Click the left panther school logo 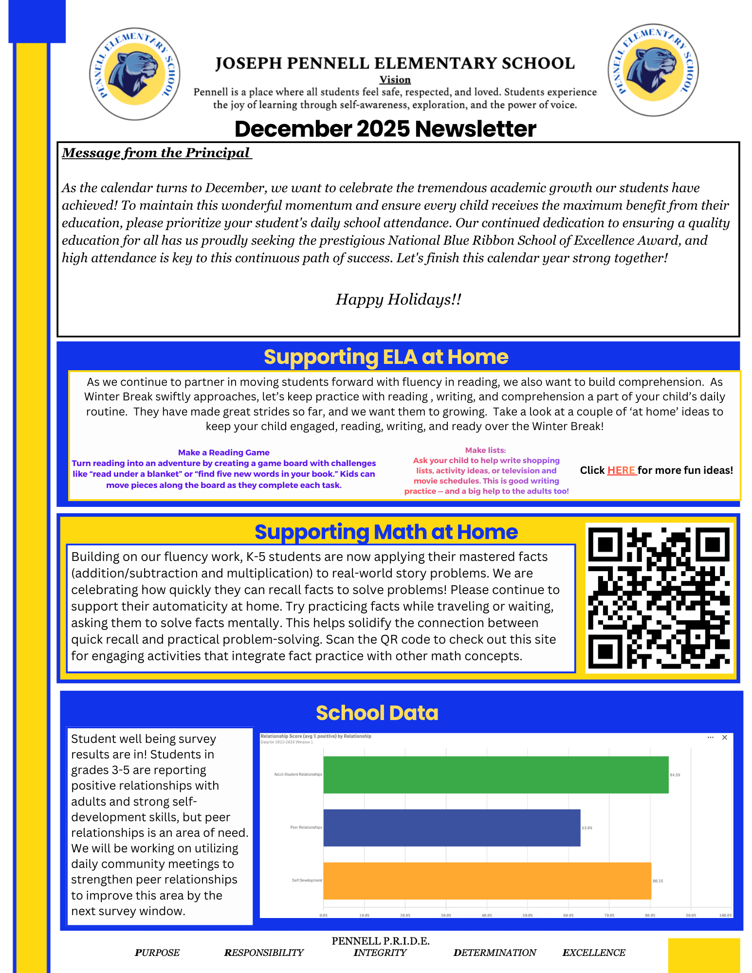pyautogui.click(x=135, y=74)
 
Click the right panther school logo pyautogui.click(x=653, y=71)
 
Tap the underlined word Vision pyautogui.click(x=395, y=80)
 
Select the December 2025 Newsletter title pyautogui.click(x=385, y=129)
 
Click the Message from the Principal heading pyautogui.click(x=156, y=153)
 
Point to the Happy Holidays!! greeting pyautogui.click(x=398, y=299)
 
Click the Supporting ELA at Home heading pyautogui.click(x=385, y=357)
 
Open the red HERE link pyautogui.click(x=622, y=470)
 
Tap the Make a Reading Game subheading pyautogui.click(x=223, y=452)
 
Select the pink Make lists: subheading pyautogui.click(x=485, y=450)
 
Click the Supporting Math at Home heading pyautogui.click(x=385, y=532)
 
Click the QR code pyautogui.click(x=659, y=598)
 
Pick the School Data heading pyautogui.click(x=377, y=713)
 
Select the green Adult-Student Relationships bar pyautogui.click(x=495, y=775)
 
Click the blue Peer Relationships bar pyautogui.click(x=452, y=828)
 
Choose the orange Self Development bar pyautogui.click(x=487, y=881)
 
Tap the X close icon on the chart pyautogui.click(x=724, y=738)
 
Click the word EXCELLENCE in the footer pyautogui.click(x=594, y=953)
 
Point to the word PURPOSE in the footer pyautogui.click(x=157, y=953)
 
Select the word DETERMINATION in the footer pyautogui.click(x=495, y=953)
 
